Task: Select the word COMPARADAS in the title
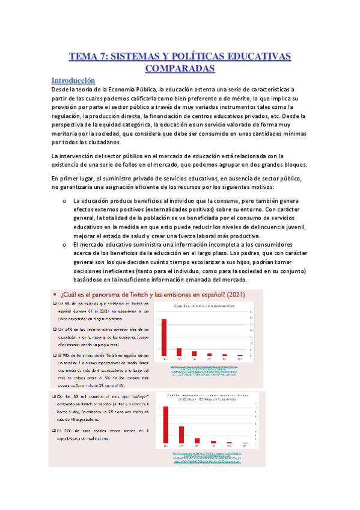[x=180, y=69]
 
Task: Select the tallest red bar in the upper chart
[x=164, y=336]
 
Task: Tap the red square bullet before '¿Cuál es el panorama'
[x=54, y=293]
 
